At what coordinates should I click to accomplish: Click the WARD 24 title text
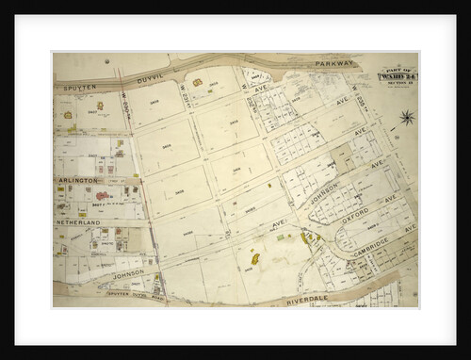[x=398, y=71]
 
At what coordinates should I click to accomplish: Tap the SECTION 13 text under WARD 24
[x=398, y=79]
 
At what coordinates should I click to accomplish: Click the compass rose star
[x=406, y=118]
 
